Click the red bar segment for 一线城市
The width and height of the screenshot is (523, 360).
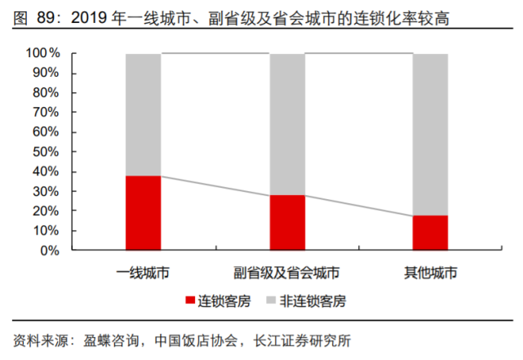click(143, 213)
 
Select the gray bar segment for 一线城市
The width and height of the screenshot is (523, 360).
click(143, 114)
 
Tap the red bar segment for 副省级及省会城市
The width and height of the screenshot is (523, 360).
click(286, 223)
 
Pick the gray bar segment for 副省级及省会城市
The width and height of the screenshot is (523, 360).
click(286, 124)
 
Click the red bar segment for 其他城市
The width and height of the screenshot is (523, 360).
click(430, 233)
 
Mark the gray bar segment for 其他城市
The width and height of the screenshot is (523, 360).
click(430, 134)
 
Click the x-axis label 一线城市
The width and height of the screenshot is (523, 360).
click(143, 272)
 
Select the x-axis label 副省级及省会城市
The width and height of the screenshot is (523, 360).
click(286, 272)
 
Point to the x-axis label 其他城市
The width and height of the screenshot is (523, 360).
click(430, 272)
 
